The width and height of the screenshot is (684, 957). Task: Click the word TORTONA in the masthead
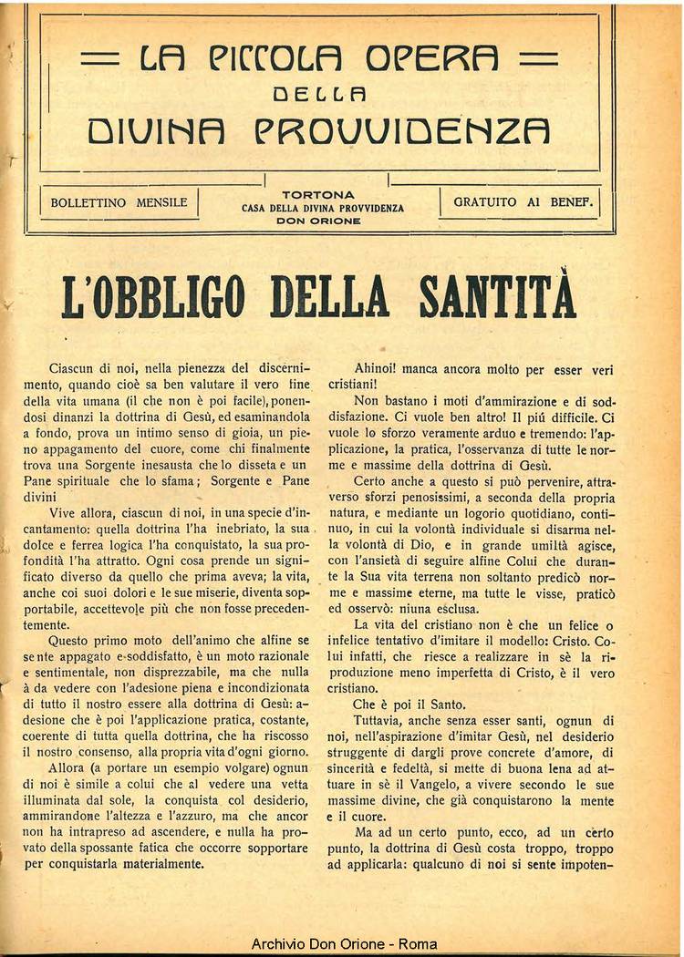(x=319, y=195)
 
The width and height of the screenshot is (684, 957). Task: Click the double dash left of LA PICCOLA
(x=100, y=61)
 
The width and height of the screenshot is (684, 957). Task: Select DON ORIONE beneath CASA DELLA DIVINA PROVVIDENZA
(x=319, y=221)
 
